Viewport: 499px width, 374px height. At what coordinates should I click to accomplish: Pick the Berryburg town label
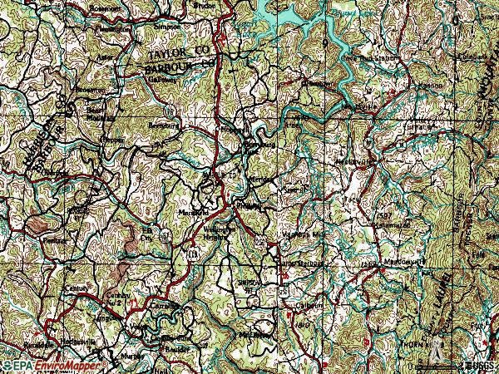point(160,125)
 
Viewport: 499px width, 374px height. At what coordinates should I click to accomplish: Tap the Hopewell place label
point(231,130)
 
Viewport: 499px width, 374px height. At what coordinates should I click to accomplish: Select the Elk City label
point(147,232)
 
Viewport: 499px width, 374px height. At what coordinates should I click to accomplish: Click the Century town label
point(77,288)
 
